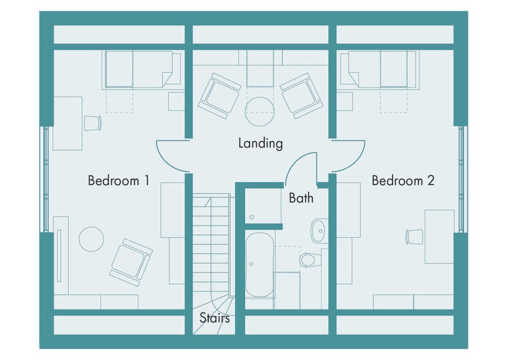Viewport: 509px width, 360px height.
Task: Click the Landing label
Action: point(260,144)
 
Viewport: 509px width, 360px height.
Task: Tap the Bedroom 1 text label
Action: point(119,181)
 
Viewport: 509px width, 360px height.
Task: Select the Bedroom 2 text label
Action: point(403,181)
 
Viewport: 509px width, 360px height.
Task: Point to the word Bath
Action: point(301,198)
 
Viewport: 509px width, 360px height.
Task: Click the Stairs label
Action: point(215,318)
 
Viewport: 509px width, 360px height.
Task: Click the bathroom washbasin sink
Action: point(319,231)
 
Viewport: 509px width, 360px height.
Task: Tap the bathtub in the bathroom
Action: point(260,265)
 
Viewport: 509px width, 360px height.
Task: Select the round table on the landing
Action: point(260,112)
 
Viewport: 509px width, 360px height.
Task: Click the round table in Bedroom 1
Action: point(91,239)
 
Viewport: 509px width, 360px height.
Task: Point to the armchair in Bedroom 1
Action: point(131,262)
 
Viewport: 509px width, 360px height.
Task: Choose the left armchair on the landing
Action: point(220,96)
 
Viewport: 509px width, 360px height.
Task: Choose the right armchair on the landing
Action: point(301,96)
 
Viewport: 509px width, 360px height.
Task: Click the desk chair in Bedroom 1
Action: point(93,123)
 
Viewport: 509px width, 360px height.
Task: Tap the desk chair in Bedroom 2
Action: point(414,237)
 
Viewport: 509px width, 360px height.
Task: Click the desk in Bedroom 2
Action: point(439,237)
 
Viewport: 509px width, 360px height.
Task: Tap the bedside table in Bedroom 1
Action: point(176,101)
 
